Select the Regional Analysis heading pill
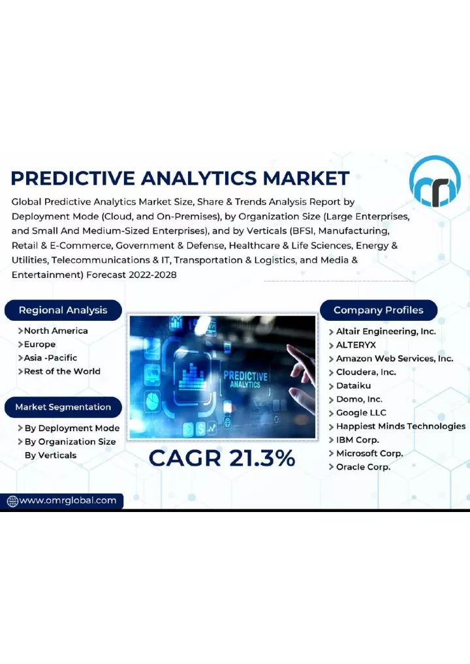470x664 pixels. click(63, 310)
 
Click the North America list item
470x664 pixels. click(55, 331)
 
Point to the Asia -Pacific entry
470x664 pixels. click(50, 358)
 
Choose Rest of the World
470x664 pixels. click(62, 371)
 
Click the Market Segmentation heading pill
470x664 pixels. click(63, 407)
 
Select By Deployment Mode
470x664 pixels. click(72, 428)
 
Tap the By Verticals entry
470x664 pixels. click(50, 455)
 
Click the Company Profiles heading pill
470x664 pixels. click(379, 310)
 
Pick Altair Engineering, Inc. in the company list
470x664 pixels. click(386, 331)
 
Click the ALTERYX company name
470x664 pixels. click(356, 345)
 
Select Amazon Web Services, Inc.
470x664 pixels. click(394, 359)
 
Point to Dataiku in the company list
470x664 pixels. click(353, 385)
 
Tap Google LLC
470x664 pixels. click(361, 413)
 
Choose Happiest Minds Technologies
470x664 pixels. click(401, 427)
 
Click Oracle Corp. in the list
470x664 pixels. click(363, 467)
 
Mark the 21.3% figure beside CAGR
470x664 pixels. click(262, 458)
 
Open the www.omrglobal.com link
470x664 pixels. click(68, 500)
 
